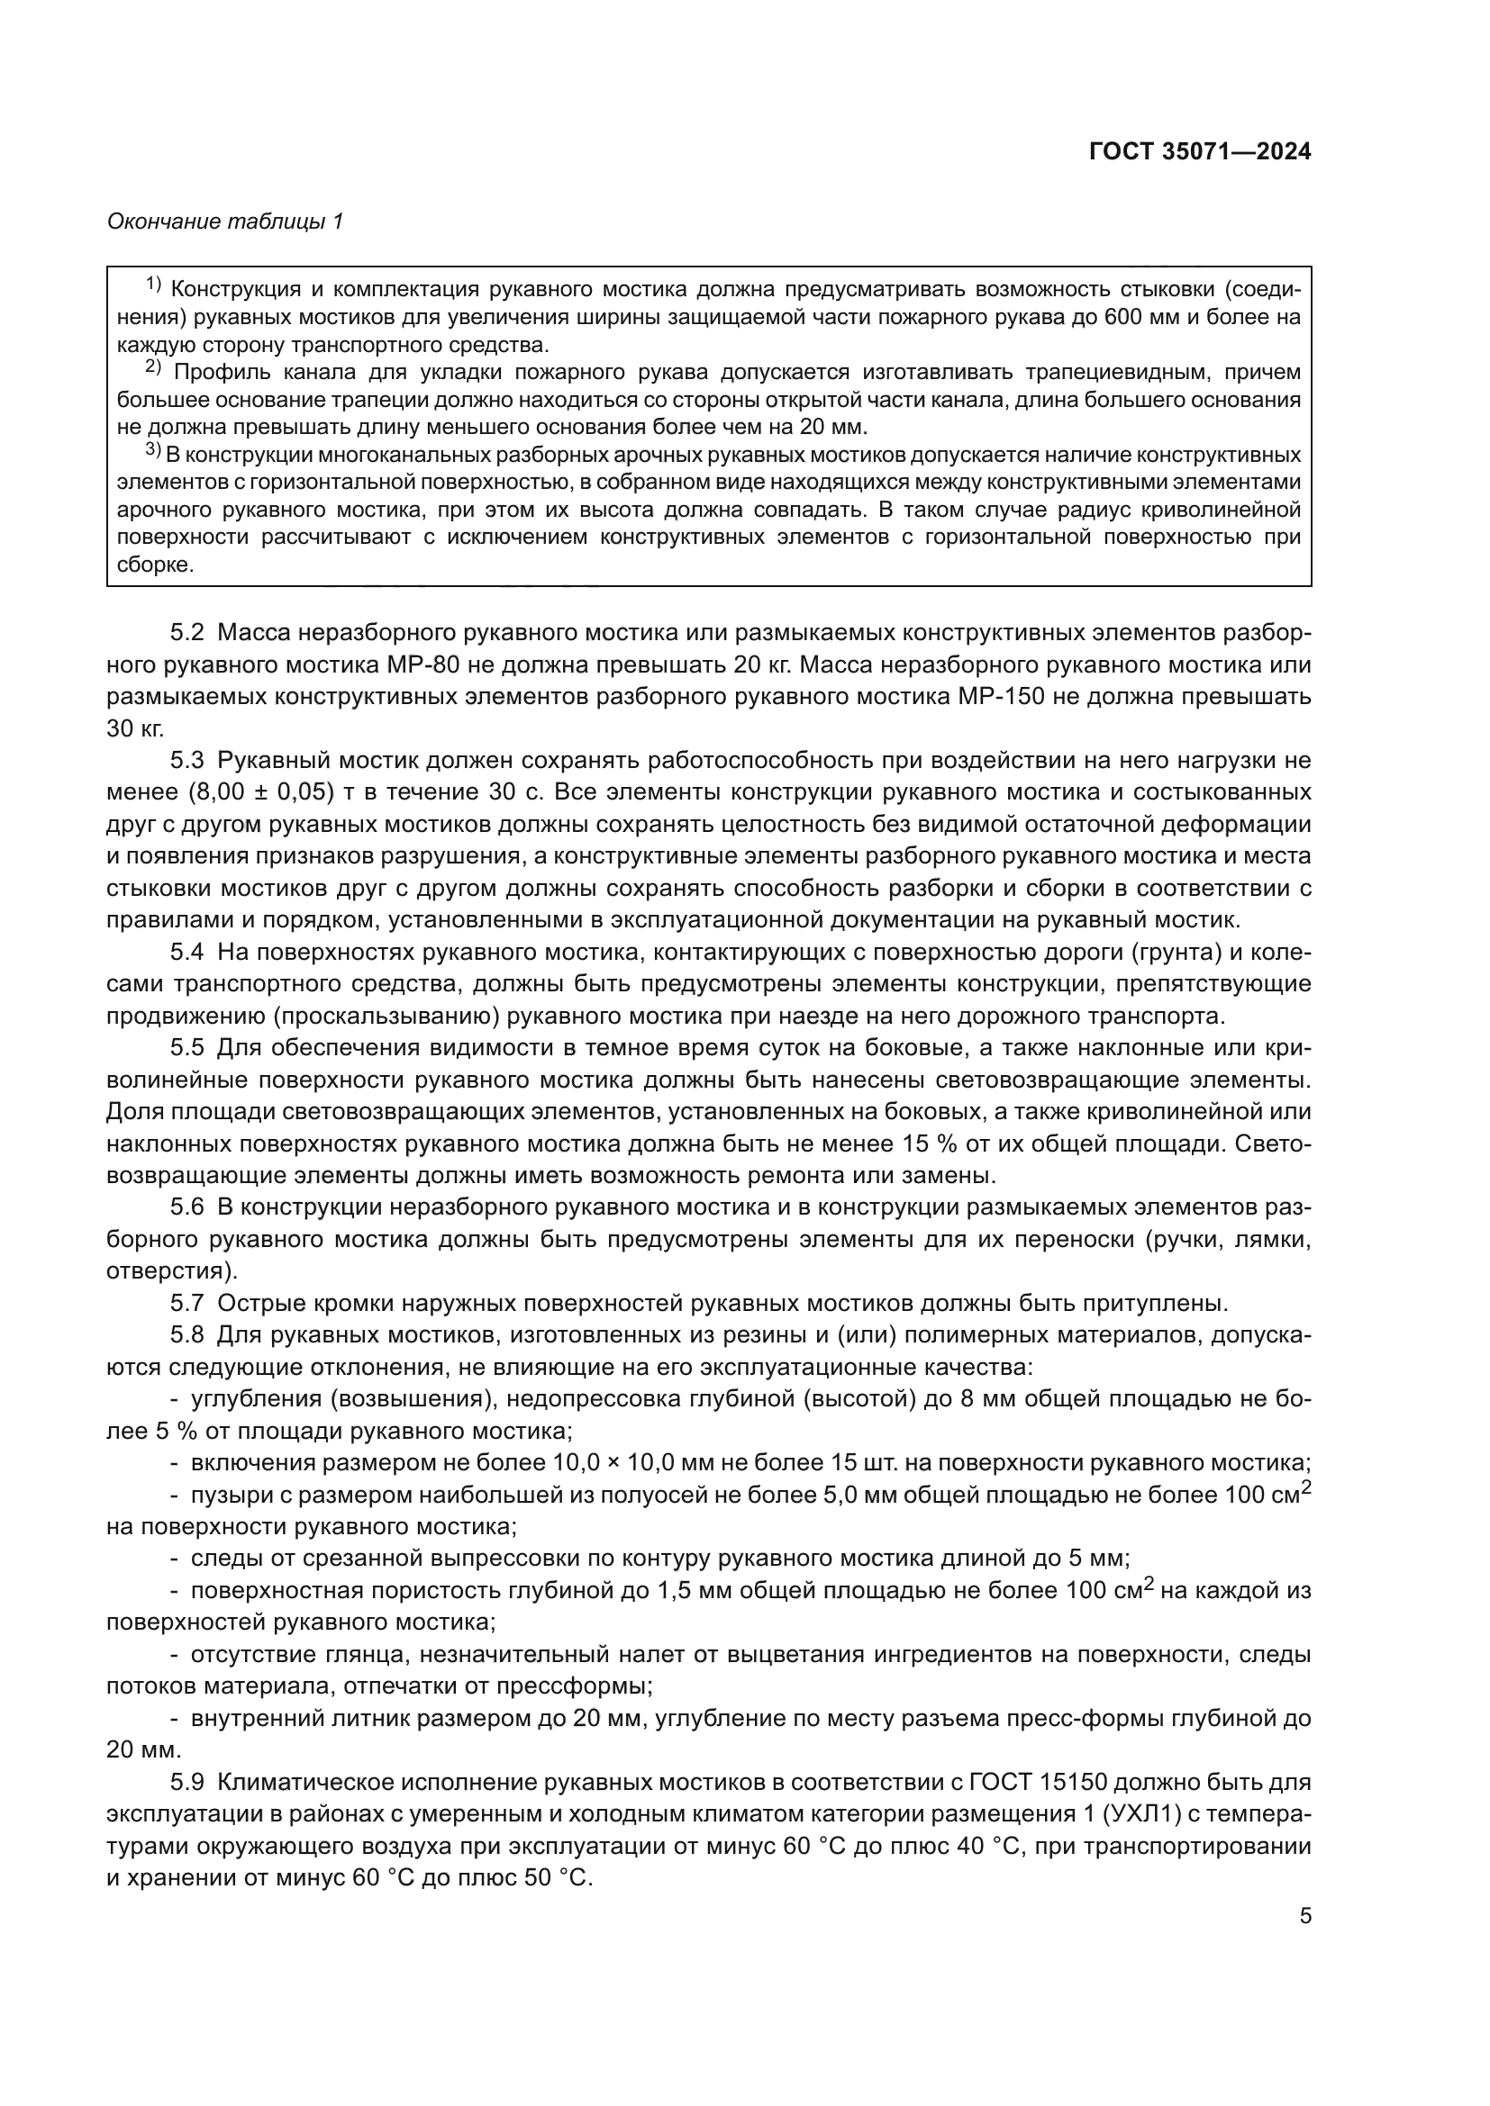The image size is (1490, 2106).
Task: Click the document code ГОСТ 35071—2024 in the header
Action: (x=1199, y=152)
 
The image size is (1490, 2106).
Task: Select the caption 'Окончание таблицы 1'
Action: (x=225, y=221)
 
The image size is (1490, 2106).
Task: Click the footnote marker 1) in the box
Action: (x=153, y=285)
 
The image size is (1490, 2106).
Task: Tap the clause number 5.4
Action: (x=186, y=952)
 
